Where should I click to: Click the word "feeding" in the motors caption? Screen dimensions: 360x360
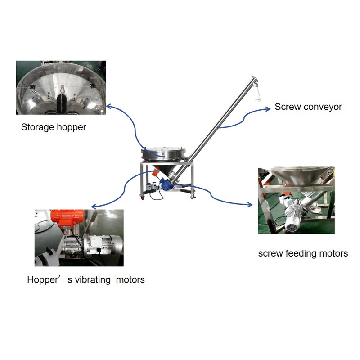click(301, 253)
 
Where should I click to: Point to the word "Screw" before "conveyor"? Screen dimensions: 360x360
click(288, 107)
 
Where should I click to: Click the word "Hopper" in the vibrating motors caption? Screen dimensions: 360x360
click(43, 279)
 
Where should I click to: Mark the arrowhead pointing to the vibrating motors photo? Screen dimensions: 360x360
click(94, 207)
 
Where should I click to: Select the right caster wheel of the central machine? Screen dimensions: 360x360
click(193, 197)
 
